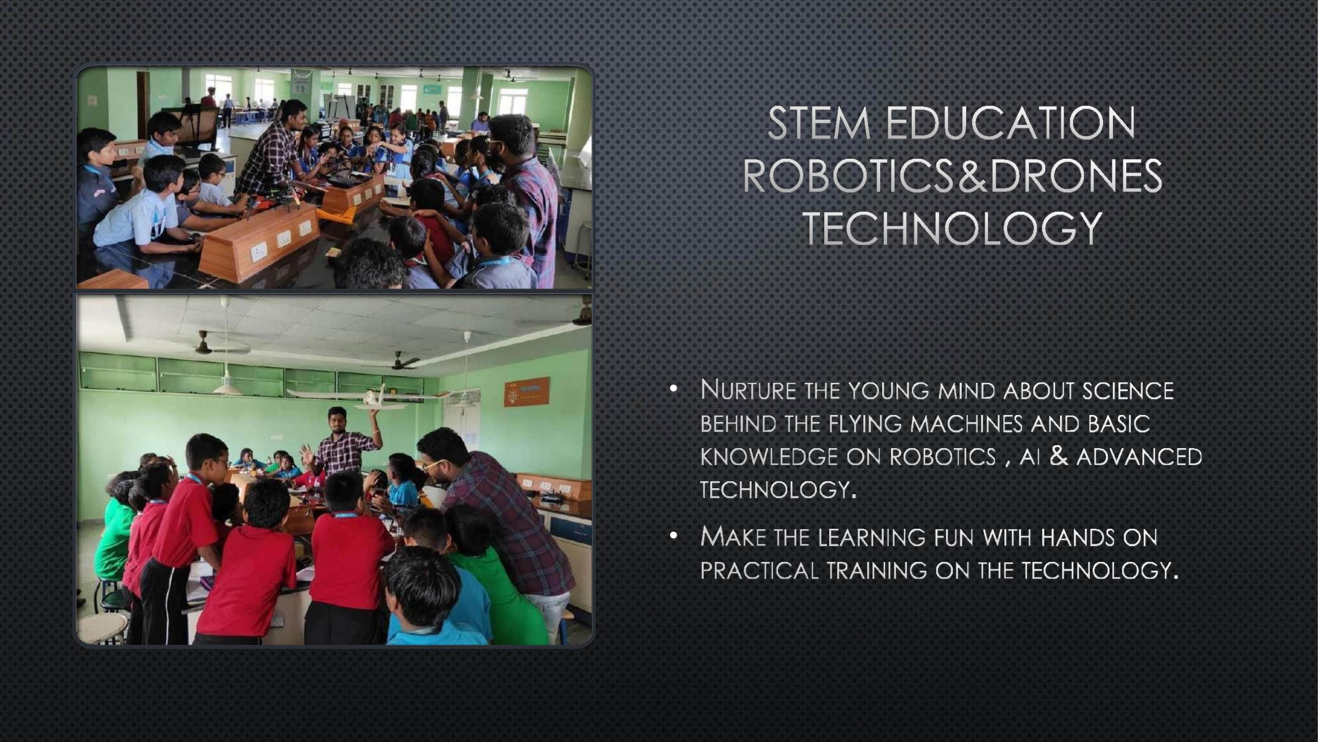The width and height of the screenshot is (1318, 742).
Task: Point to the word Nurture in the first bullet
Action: pyautogui.click(x=748, y=390)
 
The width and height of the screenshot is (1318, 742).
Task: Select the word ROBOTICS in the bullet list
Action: pyautogui.click(x=942, y=457)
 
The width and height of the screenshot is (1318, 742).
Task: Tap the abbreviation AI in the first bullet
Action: pyautogui.click(x=1030, y=457)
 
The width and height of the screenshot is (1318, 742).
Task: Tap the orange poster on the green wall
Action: pyautogui.click(x=526, y=391)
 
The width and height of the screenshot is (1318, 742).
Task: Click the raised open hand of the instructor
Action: pyautogui.click(x=307, y=454)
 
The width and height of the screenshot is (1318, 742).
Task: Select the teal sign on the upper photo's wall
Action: pyautogui.click(x=432, y=90)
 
